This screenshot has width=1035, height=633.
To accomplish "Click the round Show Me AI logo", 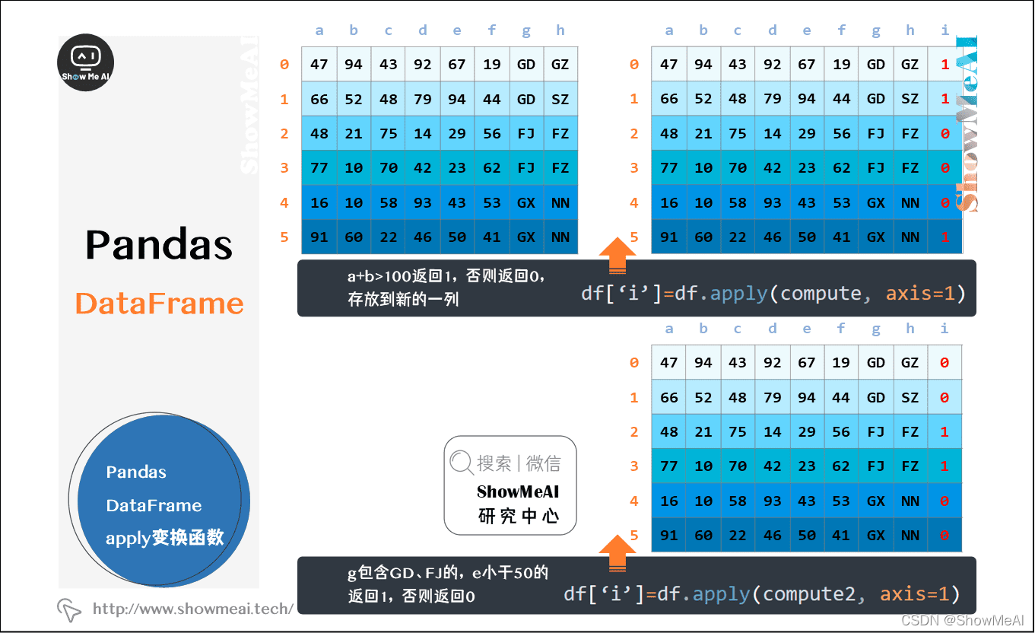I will coord(86,63).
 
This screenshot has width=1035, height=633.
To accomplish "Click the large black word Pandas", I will coord(159,244).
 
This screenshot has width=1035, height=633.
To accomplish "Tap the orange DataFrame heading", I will coord(159,304).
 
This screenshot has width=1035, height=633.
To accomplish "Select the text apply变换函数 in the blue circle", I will coord(164,538).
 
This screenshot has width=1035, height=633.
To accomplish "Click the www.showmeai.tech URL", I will coord(193,609).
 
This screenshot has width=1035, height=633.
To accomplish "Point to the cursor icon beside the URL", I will coord(69,609).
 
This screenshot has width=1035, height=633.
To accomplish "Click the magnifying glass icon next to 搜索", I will coord(461,462).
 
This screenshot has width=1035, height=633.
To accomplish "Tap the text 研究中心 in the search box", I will coord(519,517).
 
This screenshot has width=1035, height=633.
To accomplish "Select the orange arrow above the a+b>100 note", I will coord(618,254).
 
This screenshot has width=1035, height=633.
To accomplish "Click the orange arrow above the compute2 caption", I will coord(618,552).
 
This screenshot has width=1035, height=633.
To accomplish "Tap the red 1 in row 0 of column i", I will coord(945,65).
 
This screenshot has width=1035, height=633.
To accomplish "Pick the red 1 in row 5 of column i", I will coord(945,237).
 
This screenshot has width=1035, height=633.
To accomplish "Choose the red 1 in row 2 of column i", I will coord(945,432).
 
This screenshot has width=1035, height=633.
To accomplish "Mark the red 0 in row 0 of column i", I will coord(945,363).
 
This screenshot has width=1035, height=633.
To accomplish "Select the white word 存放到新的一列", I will coord(403,299).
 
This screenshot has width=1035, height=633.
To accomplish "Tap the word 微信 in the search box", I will coord(543,463).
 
